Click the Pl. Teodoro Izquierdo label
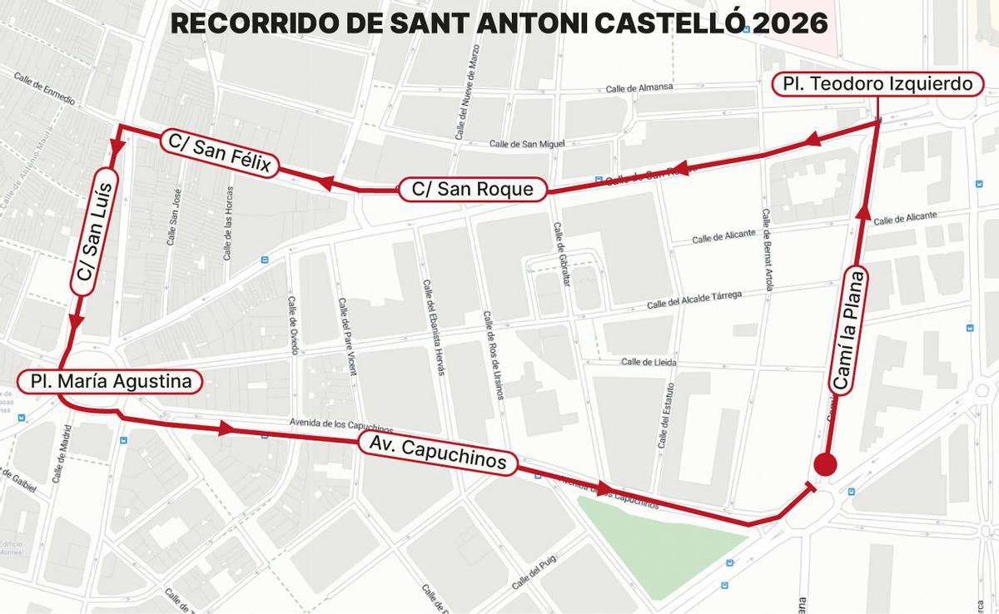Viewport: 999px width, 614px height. point(879,84)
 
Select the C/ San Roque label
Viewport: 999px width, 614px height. point(472,189)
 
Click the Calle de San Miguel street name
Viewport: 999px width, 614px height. point(527,143)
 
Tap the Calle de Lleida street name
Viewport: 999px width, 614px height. point(649,362)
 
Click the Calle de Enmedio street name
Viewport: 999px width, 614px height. point(44,88)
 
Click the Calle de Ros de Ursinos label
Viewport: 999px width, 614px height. point(493,355)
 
